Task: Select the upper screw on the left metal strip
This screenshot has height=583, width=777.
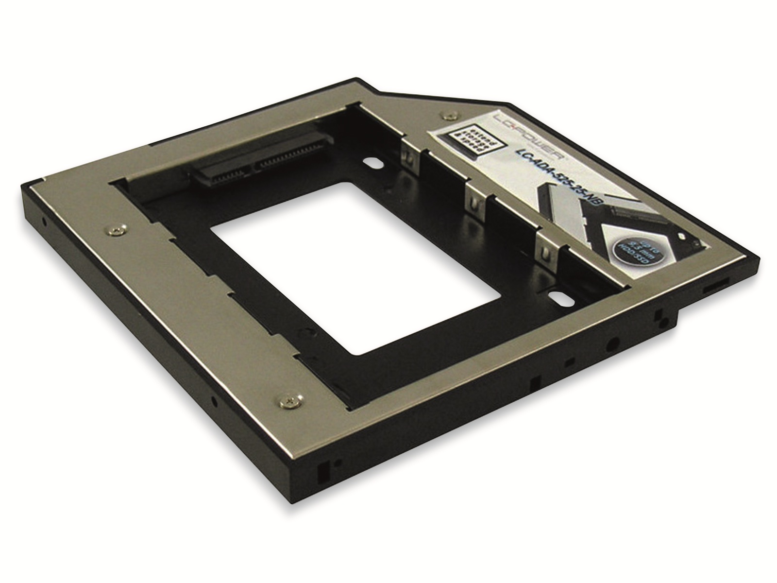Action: [x=117, y=231]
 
